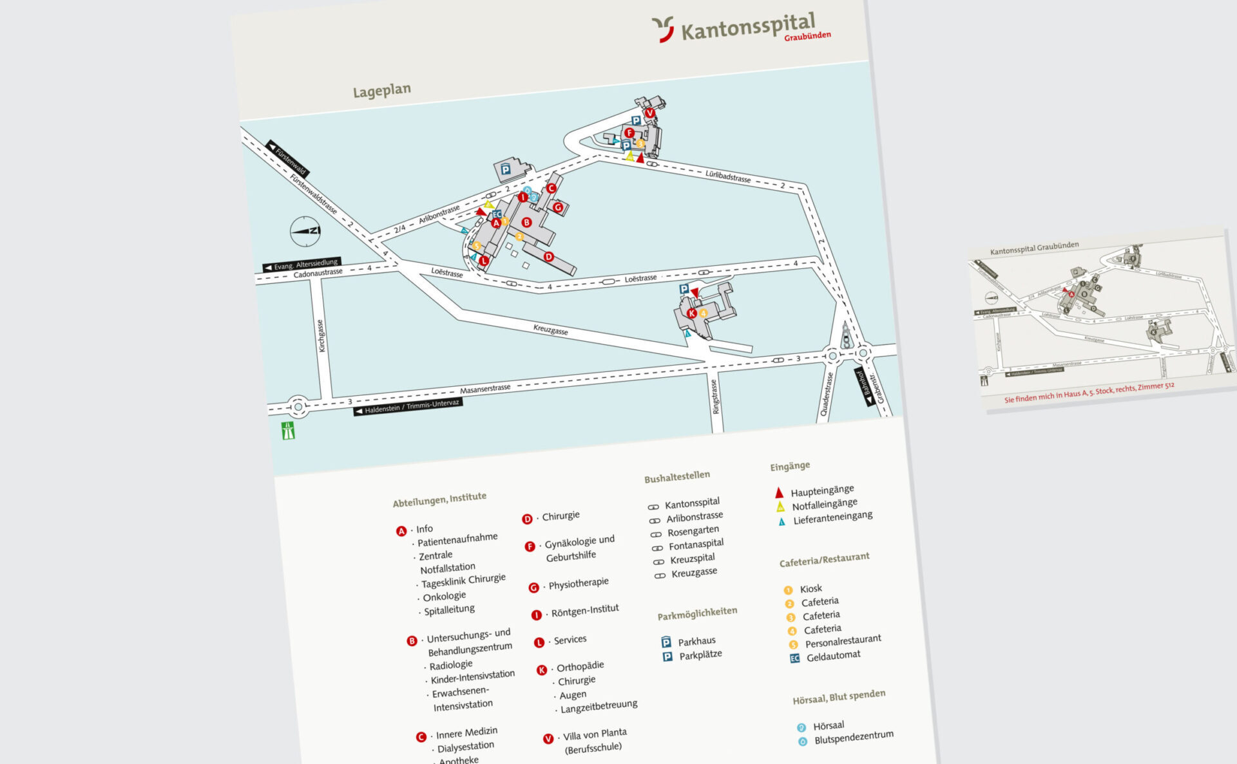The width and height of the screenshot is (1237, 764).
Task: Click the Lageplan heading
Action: click(x=381, y=91)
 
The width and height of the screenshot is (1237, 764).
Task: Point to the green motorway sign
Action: click(x=288, y=431)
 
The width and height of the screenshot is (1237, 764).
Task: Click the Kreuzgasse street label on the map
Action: click(x=550, y=330)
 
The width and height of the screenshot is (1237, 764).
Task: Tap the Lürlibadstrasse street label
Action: click(x=727, y=176)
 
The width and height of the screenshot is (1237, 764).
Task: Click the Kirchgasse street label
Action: click(x=321, y=336)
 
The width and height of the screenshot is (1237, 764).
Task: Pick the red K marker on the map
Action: click(x=691, y=313)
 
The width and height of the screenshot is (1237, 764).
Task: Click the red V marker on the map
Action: click(x=649, y=113)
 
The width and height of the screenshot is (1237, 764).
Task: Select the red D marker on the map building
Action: click(x=548, y=257)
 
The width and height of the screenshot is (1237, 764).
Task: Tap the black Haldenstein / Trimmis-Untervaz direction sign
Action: click(x=408, y=407)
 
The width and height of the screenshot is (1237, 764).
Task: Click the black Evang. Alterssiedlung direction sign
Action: click(x=302, y=265)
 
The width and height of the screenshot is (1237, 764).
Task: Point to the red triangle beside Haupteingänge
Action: click(x=779, y=493)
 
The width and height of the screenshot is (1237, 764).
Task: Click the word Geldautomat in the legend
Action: click(x=833, y=656)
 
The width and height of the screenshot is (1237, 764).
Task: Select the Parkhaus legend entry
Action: click(x=696, y=641)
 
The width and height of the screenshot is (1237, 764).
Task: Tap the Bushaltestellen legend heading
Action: click(x=676, y=477)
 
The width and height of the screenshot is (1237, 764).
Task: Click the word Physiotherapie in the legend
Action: click(x=578, y=584)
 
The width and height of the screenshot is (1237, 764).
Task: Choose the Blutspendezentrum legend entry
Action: click(x=853, y=737)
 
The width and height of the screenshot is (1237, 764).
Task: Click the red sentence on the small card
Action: click(x=1089, y=392)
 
